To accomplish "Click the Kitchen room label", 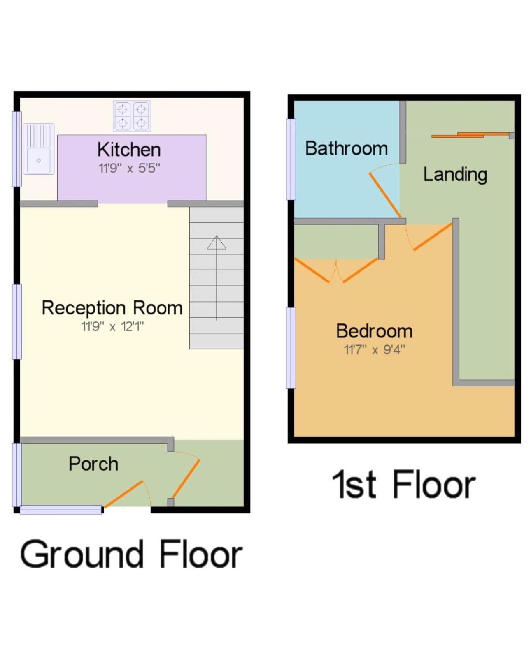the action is pos(129,150).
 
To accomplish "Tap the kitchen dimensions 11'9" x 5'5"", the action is pos(129,169).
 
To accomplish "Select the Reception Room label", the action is pos(112,308).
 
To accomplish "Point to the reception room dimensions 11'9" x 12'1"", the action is pos(112,327).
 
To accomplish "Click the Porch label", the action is pos(93,464).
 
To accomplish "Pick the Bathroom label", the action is pos(347,148).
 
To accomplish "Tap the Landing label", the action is pos(455,175).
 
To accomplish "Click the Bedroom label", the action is pos(374,331).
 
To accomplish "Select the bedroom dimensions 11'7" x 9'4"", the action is pos(374,350).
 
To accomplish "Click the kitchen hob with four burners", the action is pos(132,116).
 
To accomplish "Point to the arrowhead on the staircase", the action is pos(217,243).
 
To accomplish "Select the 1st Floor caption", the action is pos(403,485).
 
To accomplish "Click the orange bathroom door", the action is pos(385,195).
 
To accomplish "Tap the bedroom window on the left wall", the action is pos(291,348).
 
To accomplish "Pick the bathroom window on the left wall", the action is pos(291,159).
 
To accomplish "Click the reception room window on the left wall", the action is pos(17,322).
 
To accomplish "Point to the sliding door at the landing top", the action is pos(471,135).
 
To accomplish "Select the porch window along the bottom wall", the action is pos(61,510).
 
